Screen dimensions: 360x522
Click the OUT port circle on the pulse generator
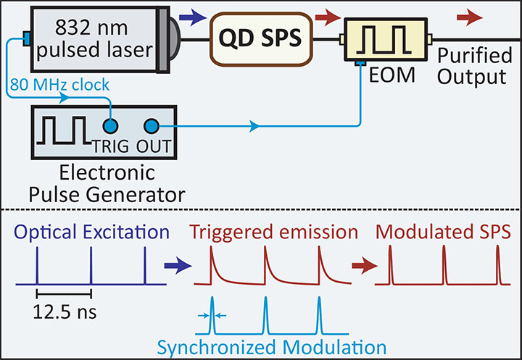pos(152,126)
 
